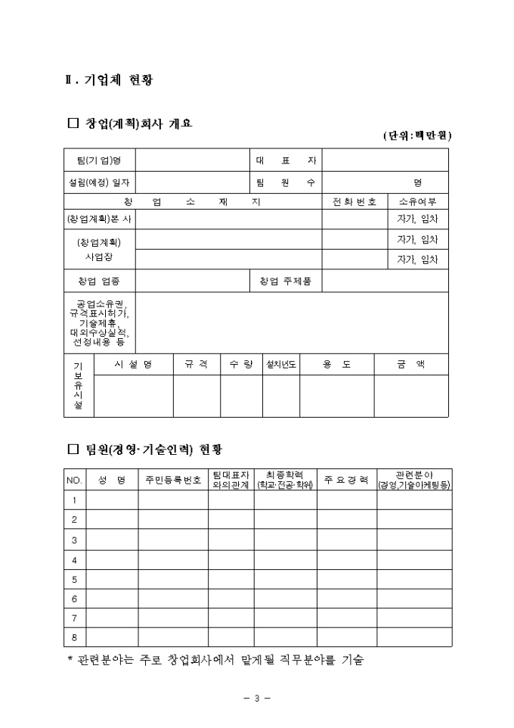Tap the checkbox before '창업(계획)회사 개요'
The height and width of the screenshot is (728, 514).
pyautogui.click(x=73, y=123)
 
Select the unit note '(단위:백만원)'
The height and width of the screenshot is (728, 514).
pyautogui.click(x=416, y=135)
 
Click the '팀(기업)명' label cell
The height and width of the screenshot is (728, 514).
pyautogui.click(x=99, y=160)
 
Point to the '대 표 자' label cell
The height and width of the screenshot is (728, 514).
pyautogui.click(x=286, y=160)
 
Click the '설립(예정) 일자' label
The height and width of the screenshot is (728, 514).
pyautogui.click(x=99, y=182)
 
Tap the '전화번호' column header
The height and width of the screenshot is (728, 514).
pyautogui.click(x=355, y=201)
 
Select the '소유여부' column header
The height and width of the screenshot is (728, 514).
pyautogui.click(x=418, y=201)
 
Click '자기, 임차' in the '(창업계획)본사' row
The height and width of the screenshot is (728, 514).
pyautogui.click(x=418, y=219)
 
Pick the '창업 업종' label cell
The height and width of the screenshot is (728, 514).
pyautogui.click(x=99, y=282)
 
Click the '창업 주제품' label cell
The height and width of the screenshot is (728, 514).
pyautogui.click(x=286, y=282)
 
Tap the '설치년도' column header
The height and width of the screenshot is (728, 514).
pyautogui.click(x=281, y=364)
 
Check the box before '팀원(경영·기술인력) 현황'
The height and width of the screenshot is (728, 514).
pyautogui.click(x=73, y=450)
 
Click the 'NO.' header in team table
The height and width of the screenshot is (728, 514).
pyautogui.click(x=74, y=480)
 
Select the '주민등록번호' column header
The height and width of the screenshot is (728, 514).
pyautogui.click(x=173, y=480)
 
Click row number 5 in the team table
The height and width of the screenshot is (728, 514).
pyautogui.click(x=74, y=580)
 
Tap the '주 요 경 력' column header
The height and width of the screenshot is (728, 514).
pyautogui.click(x=346, y=480)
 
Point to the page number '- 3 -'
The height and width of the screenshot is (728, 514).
pyautogui.click(x=257, y=698)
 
